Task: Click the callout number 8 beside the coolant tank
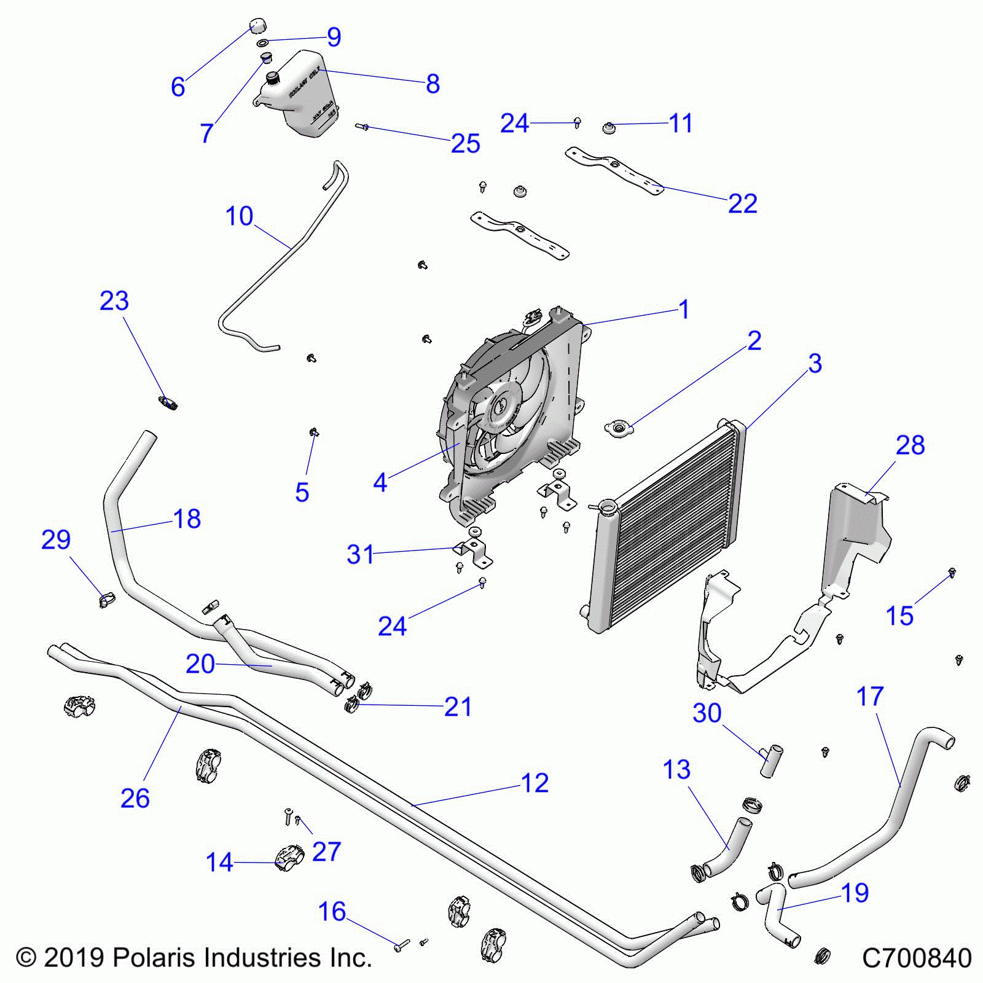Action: tap(433, 84)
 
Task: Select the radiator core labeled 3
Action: tap(670, 528)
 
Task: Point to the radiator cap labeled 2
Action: tap(617, 428)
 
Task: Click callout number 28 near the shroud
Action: tap(910, 445)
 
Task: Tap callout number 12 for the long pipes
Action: tap(535, 783)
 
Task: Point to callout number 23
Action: tap(114, 301)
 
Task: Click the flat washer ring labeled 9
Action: tap(262, 43)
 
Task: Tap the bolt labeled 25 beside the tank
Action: tap(362, 127)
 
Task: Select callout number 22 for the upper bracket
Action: tap(742, 204)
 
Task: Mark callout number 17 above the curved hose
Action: tap(869, 697)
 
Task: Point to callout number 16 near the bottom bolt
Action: tap(332, 912)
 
